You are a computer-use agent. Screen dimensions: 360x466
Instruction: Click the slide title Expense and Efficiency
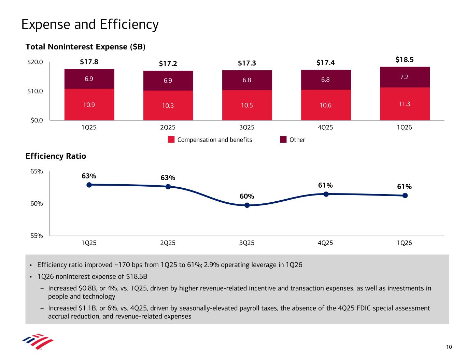90,25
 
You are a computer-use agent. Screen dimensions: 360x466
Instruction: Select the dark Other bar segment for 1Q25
89,79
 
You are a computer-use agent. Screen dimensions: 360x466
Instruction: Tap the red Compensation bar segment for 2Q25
168,105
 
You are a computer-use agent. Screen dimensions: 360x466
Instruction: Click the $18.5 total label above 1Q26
405,60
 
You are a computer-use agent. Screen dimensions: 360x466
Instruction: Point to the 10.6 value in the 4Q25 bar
326,105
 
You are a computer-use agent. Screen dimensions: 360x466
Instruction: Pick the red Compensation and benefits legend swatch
171,140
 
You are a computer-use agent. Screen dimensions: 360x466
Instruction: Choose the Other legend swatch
283,140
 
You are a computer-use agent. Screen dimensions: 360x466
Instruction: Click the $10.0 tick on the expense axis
36,91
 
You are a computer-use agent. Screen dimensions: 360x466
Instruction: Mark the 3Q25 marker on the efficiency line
247,205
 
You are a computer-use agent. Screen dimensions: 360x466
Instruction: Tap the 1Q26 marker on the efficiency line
405,196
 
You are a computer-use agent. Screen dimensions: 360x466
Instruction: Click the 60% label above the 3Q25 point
246,197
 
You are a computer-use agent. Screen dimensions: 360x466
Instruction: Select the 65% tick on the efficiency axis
36,171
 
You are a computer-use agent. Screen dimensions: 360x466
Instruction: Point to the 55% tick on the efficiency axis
36,236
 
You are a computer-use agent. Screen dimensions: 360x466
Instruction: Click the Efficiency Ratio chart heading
56,156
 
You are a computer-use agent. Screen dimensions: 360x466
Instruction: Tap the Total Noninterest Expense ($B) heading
85,47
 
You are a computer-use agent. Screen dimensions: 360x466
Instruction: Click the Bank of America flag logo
38,342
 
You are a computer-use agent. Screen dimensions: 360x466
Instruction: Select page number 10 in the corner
449,347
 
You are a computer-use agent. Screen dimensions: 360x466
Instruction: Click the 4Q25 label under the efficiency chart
326,243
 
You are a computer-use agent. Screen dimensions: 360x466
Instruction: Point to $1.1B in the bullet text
81,308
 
